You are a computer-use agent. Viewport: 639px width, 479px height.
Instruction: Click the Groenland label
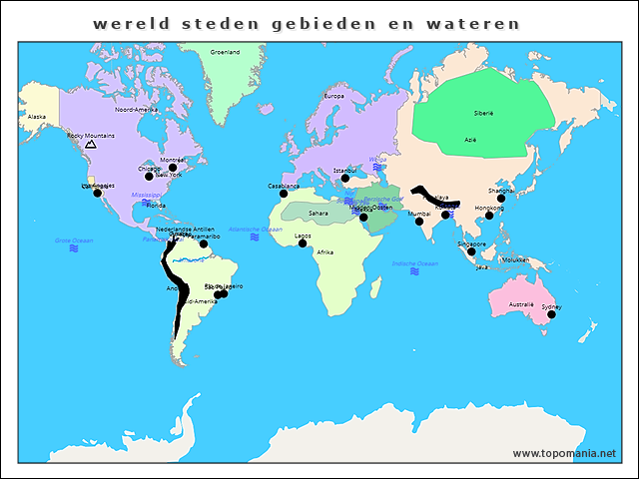[225, 52]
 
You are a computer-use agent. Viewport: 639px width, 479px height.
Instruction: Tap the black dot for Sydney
[551, 314]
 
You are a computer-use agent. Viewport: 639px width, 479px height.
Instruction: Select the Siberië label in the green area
[484, 114]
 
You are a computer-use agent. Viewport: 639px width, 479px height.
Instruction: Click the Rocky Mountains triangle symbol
[91, 145]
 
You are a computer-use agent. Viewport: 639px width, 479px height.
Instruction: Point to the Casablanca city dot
[284, 193]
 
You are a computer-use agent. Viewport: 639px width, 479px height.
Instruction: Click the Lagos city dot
[303, 242]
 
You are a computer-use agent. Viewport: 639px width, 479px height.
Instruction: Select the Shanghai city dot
[501, 198]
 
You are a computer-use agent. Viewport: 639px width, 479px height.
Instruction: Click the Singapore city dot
[471, 251]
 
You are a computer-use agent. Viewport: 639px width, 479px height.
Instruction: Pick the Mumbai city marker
[419, 221]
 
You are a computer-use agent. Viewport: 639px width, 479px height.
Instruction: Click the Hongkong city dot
[489, 216]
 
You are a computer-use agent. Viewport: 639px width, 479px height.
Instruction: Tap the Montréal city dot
[173, 168]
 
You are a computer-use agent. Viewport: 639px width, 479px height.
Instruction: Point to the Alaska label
[37, 117]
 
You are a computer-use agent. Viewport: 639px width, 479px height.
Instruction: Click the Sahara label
[318, 213]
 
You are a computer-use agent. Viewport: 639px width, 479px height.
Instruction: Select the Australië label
[521, 304]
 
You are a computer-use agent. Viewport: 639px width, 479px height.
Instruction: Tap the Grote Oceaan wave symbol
[74, 248]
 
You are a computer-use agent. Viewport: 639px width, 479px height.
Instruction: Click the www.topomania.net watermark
[564, 453]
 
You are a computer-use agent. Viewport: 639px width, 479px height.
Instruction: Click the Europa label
[333, 96]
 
